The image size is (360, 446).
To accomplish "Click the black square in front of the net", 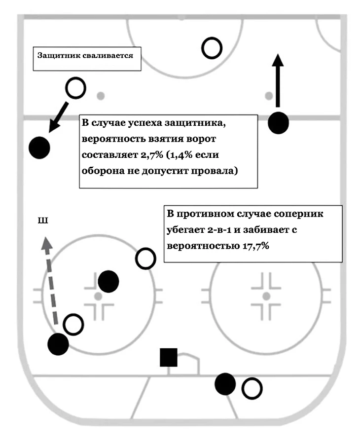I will [x=169, y=358].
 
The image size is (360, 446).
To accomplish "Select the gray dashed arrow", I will [x=51, y=279].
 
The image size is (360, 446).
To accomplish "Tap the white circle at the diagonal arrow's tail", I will [x=75, y=88].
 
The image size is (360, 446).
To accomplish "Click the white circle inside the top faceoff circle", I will [x=212, y=48].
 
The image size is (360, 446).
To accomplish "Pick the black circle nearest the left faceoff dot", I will [x=108, y=282].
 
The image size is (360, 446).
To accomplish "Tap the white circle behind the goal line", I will [x=252, y=389].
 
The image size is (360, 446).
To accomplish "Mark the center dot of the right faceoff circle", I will [x=266, y=296].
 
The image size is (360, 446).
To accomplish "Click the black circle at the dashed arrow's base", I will [x=58, y=344].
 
